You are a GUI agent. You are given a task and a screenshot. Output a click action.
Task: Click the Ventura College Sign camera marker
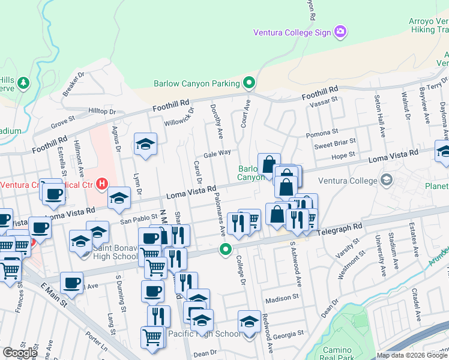click(x=340, y=31)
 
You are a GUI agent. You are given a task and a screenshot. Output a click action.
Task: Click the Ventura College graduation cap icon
click(x=387, y=180)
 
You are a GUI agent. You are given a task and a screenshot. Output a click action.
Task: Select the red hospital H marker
click(x=102, y=184)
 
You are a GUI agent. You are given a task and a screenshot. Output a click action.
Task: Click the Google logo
click(x=20, y=353)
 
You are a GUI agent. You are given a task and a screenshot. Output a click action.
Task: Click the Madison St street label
click(x=282, y=297)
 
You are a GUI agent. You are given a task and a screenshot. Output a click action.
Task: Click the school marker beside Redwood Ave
click(x=250, y=322)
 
